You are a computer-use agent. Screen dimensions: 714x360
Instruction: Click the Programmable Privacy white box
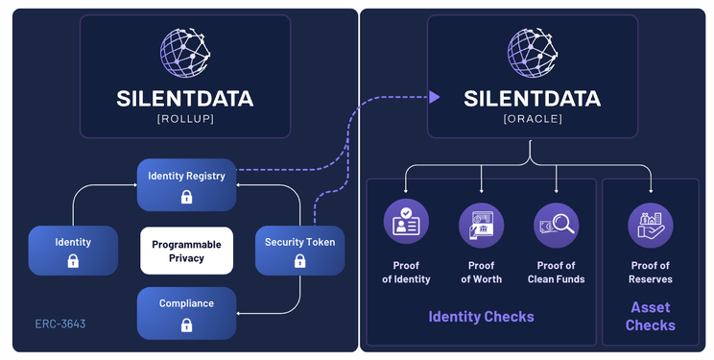click(187, 251)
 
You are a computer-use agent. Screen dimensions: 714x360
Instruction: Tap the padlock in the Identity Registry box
click(187, 197)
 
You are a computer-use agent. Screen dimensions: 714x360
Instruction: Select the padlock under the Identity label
click(73, 261)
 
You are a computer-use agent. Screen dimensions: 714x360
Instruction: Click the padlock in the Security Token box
click(299, 261)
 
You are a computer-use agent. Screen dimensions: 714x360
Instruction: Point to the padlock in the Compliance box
click(187, 324)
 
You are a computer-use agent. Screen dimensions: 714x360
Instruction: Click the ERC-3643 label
click(60, 324)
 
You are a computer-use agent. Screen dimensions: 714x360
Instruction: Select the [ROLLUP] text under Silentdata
click(185, 118)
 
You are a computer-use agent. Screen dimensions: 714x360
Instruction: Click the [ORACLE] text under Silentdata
click(533, 118)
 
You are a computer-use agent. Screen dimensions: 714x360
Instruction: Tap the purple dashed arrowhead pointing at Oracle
click(435, 97)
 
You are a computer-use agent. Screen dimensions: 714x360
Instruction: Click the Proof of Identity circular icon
click(406, 221)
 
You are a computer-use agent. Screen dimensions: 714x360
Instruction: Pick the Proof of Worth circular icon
click(482, 225)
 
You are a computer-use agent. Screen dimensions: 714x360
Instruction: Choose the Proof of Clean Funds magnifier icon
click(557, 225)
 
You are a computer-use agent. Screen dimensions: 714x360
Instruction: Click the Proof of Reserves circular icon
click(651, 225)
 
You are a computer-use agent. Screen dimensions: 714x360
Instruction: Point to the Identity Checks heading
click(482, 316)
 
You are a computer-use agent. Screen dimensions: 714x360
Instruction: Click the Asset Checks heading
click(651, 316)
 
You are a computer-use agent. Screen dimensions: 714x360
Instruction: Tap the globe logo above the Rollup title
click(185, 53)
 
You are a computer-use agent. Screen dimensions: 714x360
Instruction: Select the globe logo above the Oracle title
click(533, 53)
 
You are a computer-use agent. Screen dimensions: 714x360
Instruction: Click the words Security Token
click(299, 242)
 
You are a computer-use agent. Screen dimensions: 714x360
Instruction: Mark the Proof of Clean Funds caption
click(557, 272)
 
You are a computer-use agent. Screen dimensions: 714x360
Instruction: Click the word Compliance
click(187, 303)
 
